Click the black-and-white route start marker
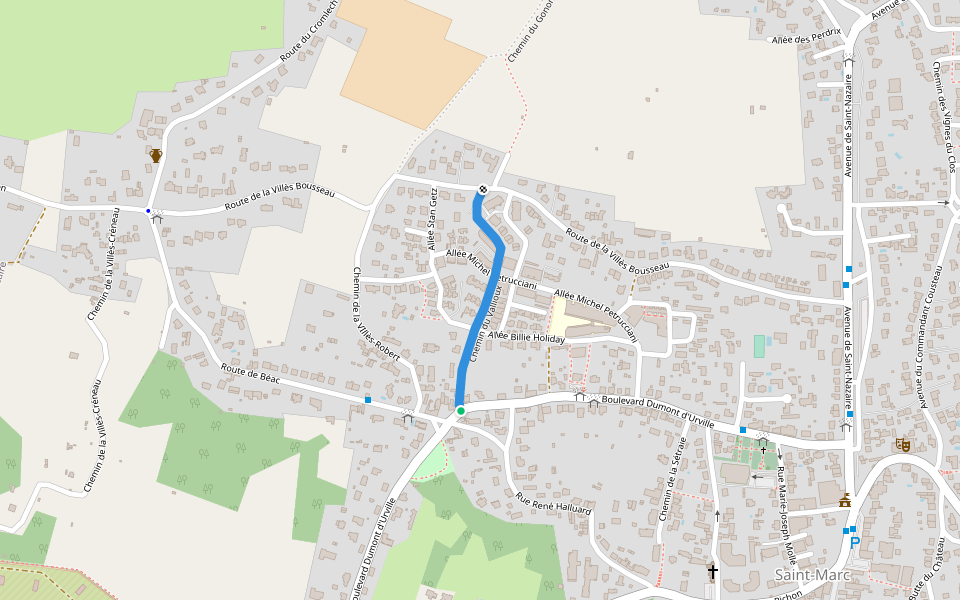point(483,189)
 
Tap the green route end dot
point(460,411)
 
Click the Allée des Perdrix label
point(807,39)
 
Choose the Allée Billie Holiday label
point(527,338)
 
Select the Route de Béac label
point(251,378)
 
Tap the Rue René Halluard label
point(554,503)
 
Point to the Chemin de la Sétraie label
point(673,478)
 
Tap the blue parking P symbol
point(854,542)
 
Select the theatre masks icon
point(903,443)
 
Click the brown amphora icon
point(156,155)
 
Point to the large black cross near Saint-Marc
point(712,572)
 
